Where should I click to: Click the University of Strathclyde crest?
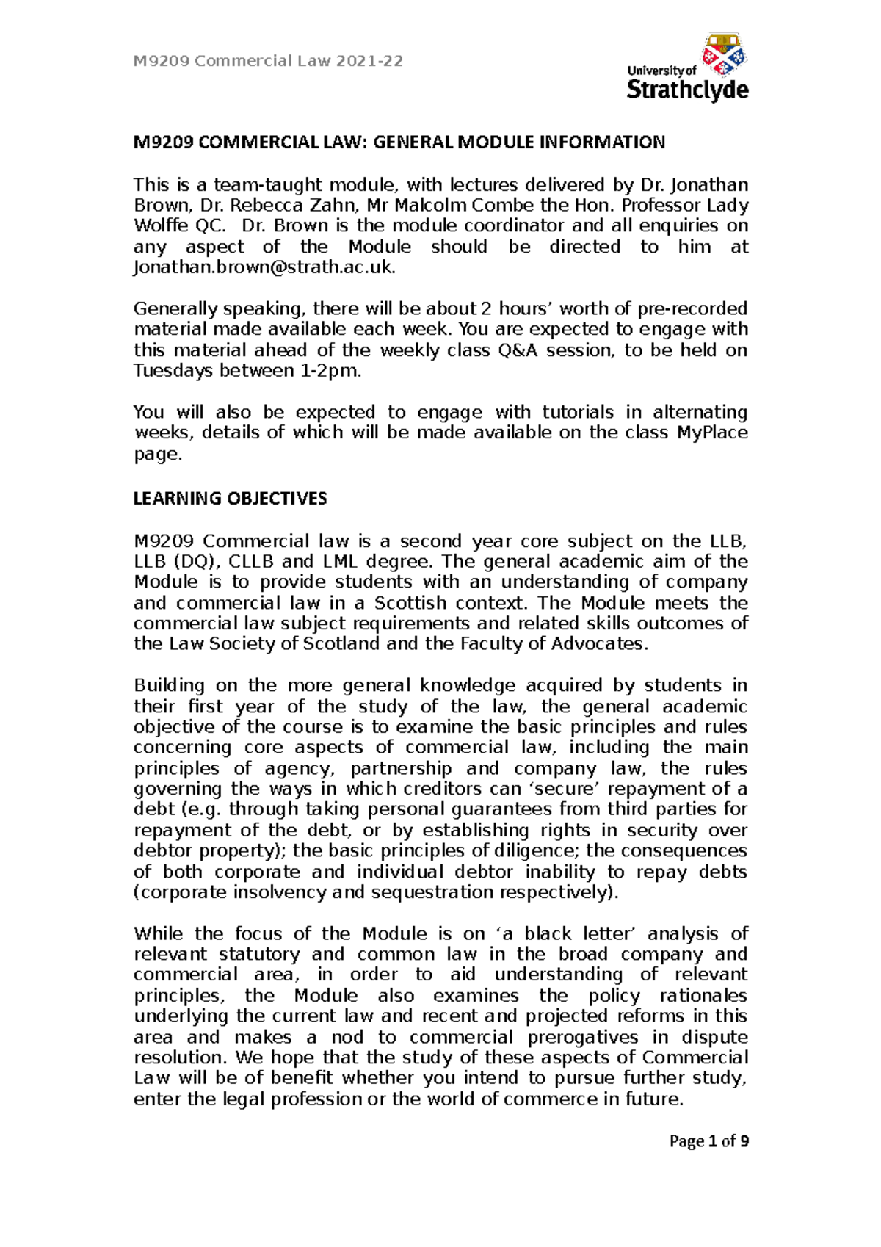[x=724, y=54]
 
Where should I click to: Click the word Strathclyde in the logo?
[x=687, y=90]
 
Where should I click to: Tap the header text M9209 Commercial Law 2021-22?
[x=268, y=61]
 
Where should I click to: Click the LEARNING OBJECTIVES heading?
[x=230, y=499]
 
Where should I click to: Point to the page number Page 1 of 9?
[x=708, y=1141]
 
